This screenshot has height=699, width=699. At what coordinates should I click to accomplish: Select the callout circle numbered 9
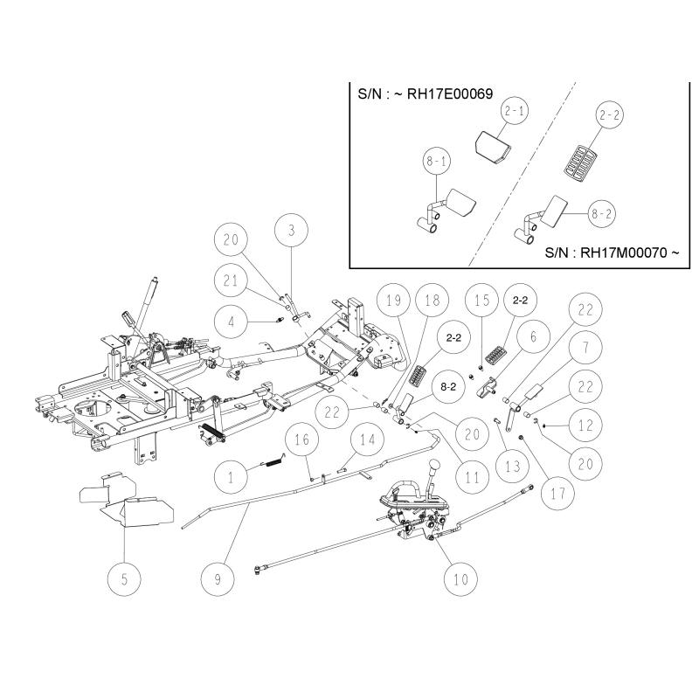218,578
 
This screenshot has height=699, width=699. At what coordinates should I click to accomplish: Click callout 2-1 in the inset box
515,113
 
